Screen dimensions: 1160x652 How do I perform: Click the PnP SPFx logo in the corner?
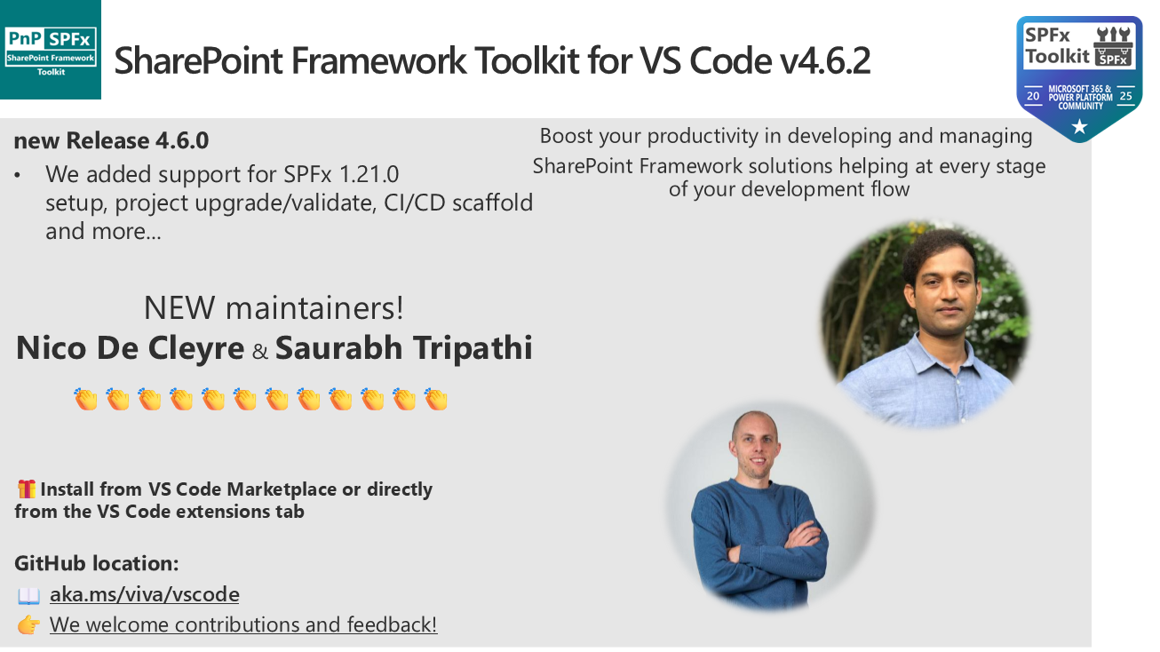coord(51,50)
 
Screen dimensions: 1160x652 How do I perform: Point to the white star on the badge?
coord(1079,126)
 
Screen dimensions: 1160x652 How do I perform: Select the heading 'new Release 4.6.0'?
coord(111,141)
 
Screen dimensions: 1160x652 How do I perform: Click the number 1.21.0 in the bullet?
coord(369,174)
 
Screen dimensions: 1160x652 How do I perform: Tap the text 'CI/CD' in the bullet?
coord(414,203)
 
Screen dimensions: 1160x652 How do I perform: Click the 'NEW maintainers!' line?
coord(274,307)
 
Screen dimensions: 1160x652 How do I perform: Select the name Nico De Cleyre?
coord(130,347)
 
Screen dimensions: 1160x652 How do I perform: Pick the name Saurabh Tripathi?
coord(404,347)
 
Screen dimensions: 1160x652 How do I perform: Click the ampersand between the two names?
coord(260,352)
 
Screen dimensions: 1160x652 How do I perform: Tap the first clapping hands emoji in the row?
coord(86,399)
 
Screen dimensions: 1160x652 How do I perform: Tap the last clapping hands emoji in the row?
coord(436,399)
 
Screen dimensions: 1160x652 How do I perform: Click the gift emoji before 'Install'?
coord(27,489)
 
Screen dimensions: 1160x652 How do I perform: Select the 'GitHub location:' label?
coord(96,563)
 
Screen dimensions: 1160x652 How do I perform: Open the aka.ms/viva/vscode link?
coord(145,594)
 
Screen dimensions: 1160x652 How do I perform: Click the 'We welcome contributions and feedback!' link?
coord(243,624)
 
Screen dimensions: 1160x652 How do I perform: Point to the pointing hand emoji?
coord(28,625)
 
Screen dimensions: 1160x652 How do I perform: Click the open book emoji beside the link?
coord(28,595)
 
